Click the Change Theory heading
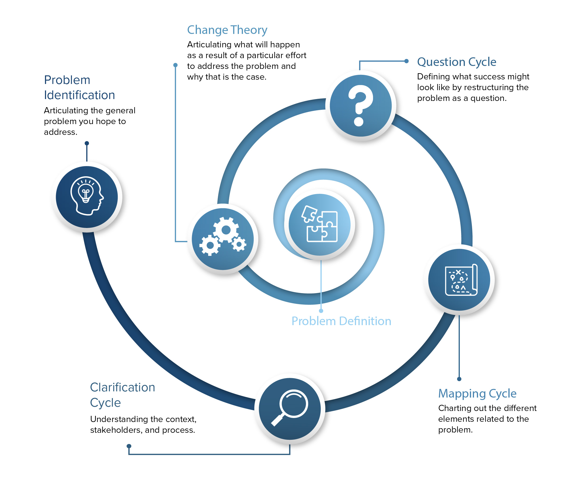coord(227,30)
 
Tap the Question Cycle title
coord(457,62)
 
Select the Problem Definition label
coord(341,321)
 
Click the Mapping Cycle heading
coord(477,393)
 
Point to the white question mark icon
coord(360,106)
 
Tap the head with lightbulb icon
coord(87,196)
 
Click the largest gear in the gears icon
coord(226,230)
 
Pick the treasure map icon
coord(461,280)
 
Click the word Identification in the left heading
coord(79,95)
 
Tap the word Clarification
coord(123,387)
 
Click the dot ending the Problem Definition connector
coord(321,311)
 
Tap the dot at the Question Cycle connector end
coord(406,61)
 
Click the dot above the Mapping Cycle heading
coord(459,379)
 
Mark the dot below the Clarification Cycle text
coord(129,446)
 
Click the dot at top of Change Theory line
coord(175,65)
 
